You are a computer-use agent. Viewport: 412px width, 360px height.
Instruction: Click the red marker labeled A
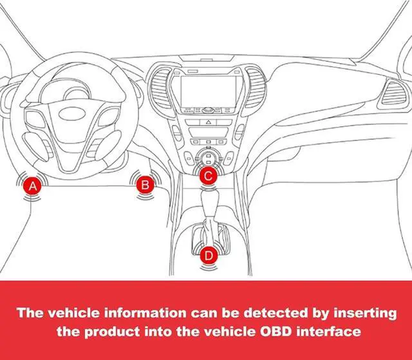pos(33,186)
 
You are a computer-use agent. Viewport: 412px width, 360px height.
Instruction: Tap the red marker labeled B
pos(145,185)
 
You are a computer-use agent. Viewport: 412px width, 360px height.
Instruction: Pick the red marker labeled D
pos(208,255)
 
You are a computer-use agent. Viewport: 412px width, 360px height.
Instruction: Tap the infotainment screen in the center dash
pos(207,88)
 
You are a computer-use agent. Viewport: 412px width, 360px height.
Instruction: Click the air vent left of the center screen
pos(158,90)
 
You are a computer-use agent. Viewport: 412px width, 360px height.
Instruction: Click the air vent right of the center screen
pos(257,90)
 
